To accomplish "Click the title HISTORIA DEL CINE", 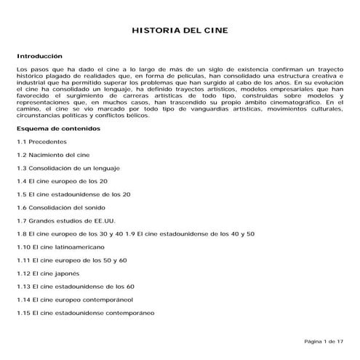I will click(x=179, y=32).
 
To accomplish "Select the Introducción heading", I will click(x=40, y=56).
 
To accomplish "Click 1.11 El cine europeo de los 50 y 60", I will click(x=72, y=260).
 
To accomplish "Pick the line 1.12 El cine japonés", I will click(x=49, y=273).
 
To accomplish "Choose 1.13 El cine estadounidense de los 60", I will click(x=76, y=287).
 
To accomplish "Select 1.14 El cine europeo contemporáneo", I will click(x=74, y=300).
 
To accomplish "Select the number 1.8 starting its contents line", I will click(x=21, y=234).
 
